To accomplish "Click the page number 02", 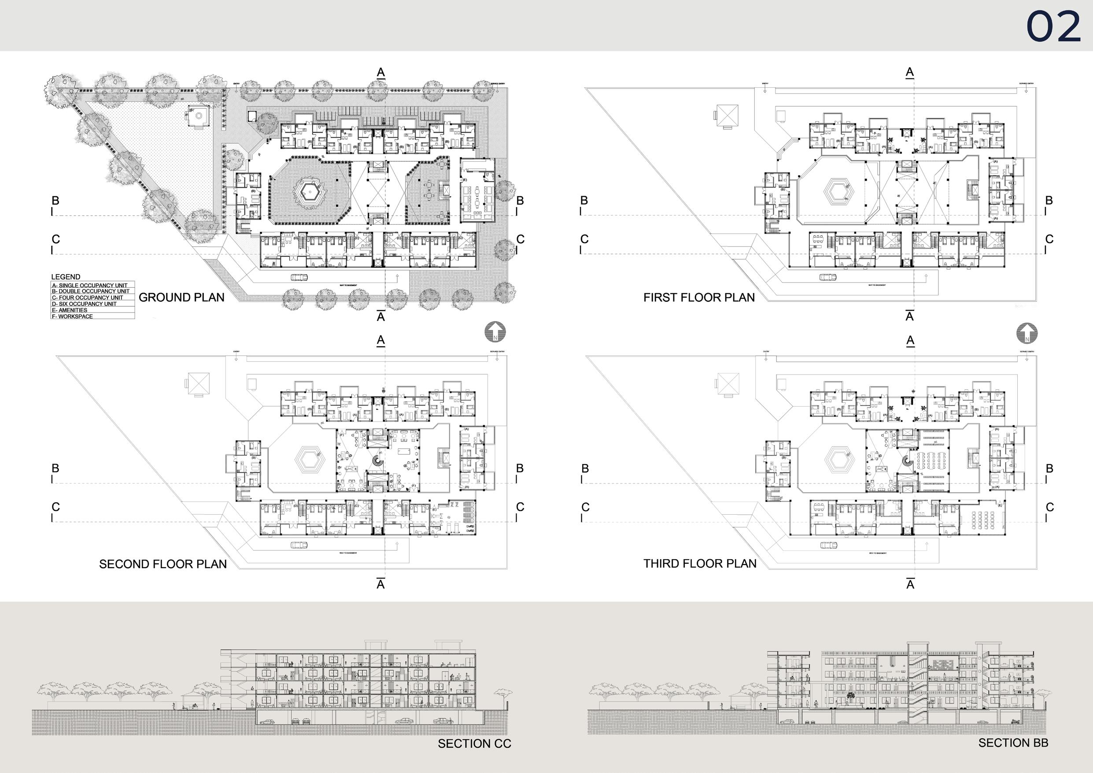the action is [x=1053, y=27].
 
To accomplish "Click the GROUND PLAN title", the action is [x=181, y=297].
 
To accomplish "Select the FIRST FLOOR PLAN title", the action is [x=699, y=297].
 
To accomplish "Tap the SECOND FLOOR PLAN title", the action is [x=163, y=565].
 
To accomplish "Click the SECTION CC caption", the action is [x=474, y=743].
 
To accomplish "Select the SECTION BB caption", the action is [x=1013, y=743].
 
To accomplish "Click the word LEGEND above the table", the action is [x=66, y=277].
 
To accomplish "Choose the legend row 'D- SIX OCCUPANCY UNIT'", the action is [x=85, y=304].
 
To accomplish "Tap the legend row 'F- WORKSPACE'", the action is [x=73, y=316].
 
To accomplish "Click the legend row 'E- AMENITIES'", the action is [x=70, y=310].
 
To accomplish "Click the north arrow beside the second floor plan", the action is [x=495, y=332].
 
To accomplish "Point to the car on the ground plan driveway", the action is [x=299, y=277].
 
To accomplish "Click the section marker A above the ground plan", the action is [x=381, y=72].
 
